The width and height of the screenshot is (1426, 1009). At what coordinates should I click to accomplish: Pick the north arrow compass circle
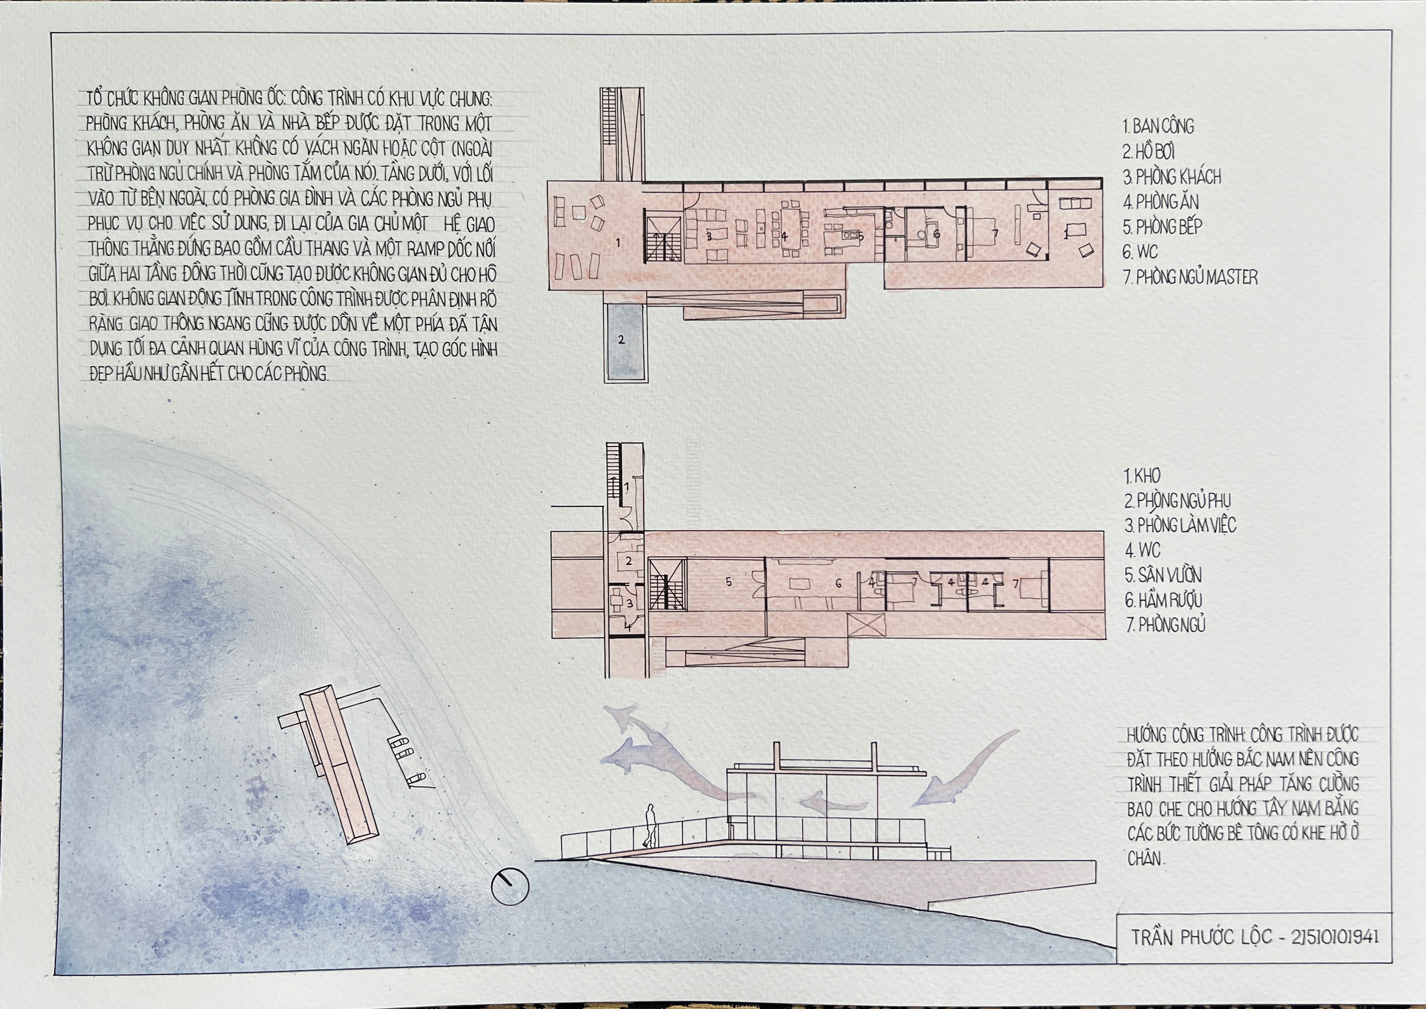510,885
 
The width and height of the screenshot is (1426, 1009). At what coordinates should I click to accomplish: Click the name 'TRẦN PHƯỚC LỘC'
1201,937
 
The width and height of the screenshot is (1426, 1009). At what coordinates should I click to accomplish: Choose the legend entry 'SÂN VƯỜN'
1163,575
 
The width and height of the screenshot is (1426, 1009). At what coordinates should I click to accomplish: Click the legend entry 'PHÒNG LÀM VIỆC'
1180,525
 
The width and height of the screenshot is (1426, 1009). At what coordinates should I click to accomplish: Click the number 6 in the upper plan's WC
936,234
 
